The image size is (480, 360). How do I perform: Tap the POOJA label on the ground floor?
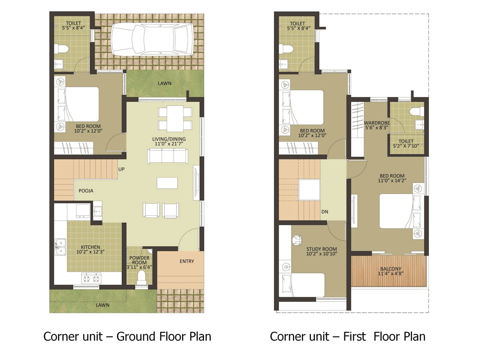click(86, 191)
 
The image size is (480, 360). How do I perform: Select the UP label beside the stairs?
click(121, 169)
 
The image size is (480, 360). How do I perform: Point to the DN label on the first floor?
click(325, 212)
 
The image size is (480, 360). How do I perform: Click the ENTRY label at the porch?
click(187, 261)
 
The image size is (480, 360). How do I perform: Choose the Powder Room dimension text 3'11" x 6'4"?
click(139, 267)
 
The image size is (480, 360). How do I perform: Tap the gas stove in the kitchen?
click(91, 278)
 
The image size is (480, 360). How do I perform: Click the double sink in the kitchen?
click(60, 247)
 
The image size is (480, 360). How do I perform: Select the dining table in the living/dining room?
click(175, 119)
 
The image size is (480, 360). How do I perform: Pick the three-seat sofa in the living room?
click(168, 156)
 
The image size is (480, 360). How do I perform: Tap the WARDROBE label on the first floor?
click(376, 123)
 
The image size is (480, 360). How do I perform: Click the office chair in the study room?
click(297, 240)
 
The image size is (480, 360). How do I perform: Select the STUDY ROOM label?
click(322, 249)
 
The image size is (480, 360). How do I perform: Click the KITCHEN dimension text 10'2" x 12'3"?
click(90, 252)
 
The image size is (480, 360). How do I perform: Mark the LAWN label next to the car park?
click(165, 83)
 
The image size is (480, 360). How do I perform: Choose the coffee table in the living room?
click(167, 183)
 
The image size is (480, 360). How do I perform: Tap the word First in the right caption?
click(354, 336)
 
